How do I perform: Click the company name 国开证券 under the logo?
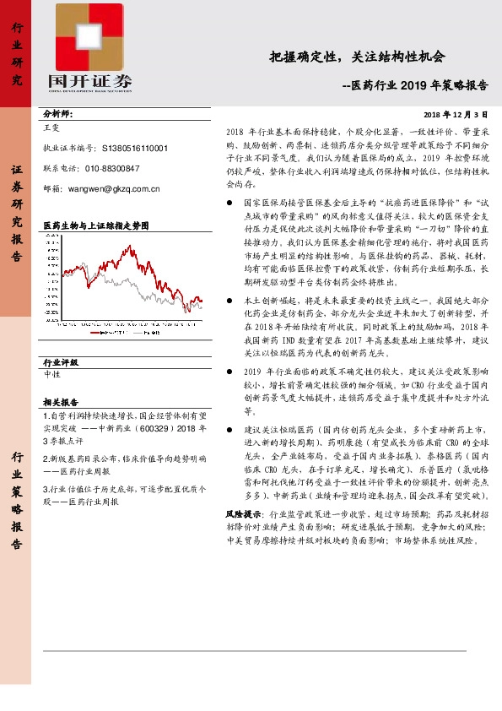coord(90,81)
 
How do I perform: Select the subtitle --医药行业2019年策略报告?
coord(414,85)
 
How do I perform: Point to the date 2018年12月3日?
coord(456,113)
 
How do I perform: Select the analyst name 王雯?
coord(51,129)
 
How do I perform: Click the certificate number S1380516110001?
coord(132,147)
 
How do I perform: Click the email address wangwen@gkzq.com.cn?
coord(114,189)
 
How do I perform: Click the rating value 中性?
coord(51,374)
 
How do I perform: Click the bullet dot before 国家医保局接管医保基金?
coord(230,204)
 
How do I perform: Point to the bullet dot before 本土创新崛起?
coord(230,301)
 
